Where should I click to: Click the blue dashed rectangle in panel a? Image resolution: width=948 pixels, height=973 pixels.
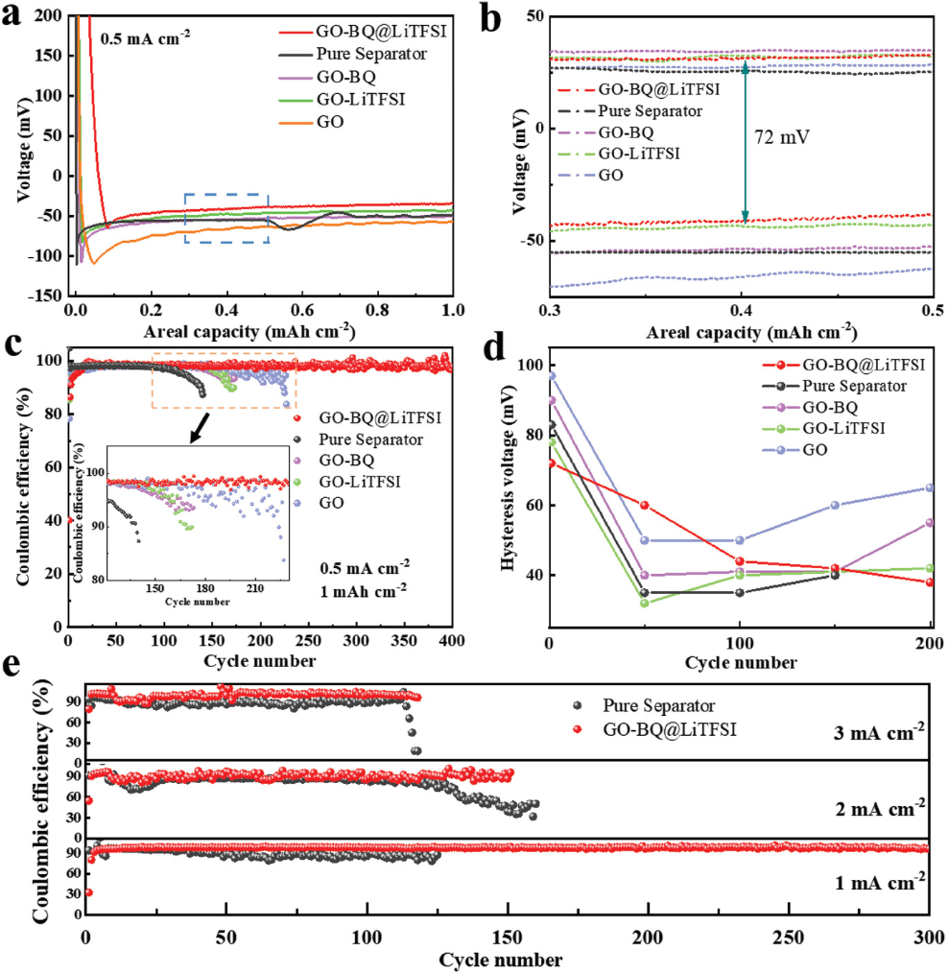click(x=226, y=218)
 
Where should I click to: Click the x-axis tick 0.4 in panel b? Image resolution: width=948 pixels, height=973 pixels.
click(x=741, y=313)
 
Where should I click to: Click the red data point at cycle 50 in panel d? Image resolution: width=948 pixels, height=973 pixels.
click(x=644, y=505)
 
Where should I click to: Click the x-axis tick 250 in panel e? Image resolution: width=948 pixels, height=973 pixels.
click(x=789, y=937)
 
